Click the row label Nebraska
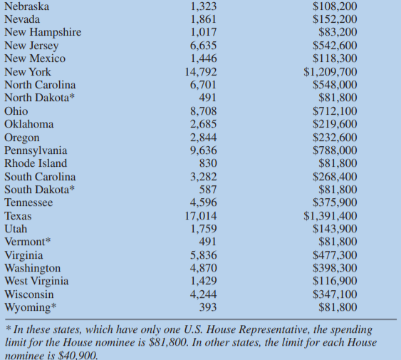(x=27, y=6)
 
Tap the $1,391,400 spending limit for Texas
(x=330, y=216)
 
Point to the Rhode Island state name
(x=36, y=163)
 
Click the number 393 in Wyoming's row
(x=208, y=308)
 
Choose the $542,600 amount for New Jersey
(x=335, y=46)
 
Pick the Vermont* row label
(x=27, y=242)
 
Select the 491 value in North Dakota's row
(x=208, y=98)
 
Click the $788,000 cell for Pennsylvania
(x=335, y=150)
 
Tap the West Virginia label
(x=36, y=282)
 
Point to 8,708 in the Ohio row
(x=204, y=111)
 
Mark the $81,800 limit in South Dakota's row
(x=338, y=190)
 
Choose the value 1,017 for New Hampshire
(x=204, y=33)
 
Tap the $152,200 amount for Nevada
(x=335, y=20)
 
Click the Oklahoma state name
(x=28, y=124)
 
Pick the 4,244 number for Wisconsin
(x=204, y=294)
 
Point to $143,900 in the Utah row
(x=335, y=229)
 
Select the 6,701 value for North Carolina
(x=204, y=85)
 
